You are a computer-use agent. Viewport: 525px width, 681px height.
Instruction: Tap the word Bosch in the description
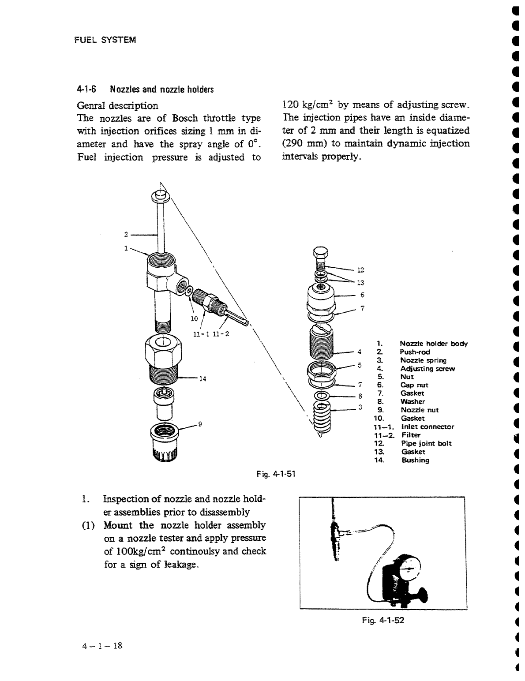(x=187, y=118)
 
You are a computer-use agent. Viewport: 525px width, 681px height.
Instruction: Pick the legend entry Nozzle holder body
(x=434, y=344)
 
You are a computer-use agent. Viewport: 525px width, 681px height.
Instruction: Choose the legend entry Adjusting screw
(x=427, y=369)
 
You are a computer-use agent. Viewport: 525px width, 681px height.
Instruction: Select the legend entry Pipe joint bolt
(x=426, y=443)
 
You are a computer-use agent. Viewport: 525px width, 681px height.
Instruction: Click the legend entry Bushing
(x=415, y=460)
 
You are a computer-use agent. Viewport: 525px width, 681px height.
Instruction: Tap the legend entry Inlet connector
(x=427, y=427)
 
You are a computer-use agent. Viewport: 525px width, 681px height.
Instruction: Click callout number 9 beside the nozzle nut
(x=200, y=424)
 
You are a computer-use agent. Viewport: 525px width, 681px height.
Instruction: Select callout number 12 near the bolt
(x=361, y=269)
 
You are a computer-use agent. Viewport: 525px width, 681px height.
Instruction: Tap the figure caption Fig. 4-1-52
(x=382, y=621)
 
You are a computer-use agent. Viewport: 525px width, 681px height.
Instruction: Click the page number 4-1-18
(x=102, y=646)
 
